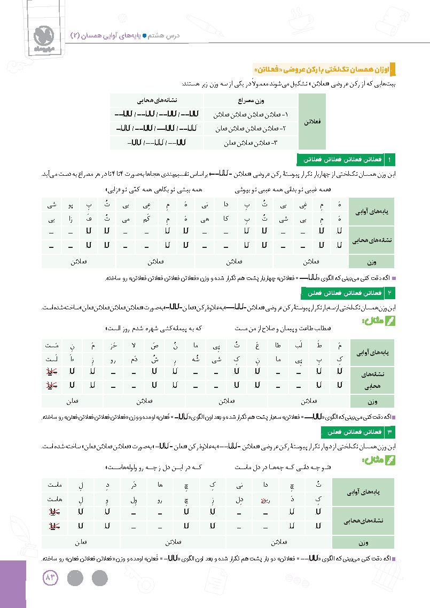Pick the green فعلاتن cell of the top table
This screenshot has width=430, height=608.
coord(311,122)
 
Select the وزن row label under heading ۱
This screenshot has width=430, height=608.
coord(370,261)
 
